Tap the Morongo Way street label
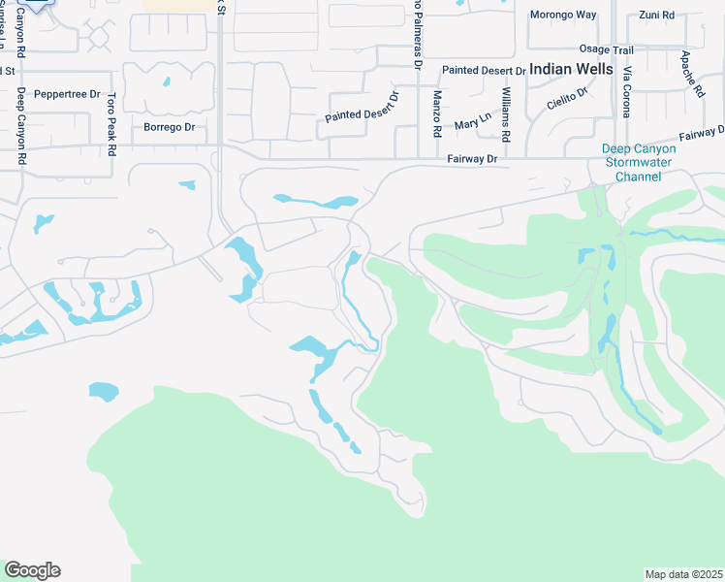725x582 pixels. pyautogui.click(x=562, y=15)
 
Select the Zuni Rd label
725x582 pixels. pyautogui.click(x=656, y=15)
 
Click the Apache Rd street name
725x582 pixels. pyautogui.click(x=692, y=74)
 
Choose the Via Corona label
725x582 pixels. pyautogui.click(x=627, y=92)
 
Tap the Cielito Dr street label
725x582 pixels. pyautogui.click(x=567, y=99)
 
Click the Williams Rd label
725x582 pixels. pyautogui.click(x=506, y=113)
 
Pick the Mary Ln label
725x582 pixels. pyautogui.click(x=473, y=123)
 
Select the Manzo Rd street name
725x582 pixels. pyautogui.click(x=438, y=113)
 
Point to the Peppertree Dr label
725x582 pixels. pyautogui.click(x=67, y=94)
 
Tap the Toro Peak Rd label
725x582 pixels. pyautogui.click(x=111, y=124)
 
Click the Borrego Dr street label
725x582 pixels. pyautogui.click(x=169, y=127)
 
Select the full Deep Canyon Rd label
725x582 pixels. pyautogui.click(x=20, y=126)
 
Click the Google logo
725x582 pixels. pyautogui.click(x=32, y=570)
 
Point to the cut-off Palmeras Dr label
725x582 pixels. pyautogui.click(x=418, y=34)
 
